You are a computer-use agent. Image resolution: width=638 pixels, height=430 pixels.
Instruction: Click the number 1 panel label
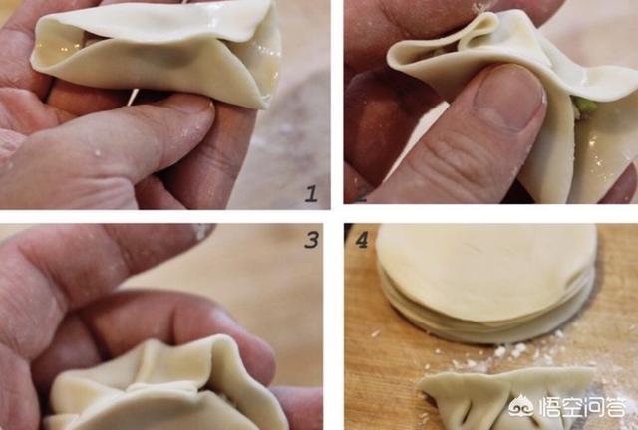pyautogui.click(x=311, y=193)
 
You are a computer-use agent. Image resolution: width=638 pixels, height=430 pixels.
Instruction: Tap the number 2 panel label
pyautogui.click(x=361, y=193)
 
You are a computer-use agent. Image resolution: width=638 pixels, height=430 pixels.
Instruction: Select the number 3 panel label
pyautogui.click(x=311, y=240)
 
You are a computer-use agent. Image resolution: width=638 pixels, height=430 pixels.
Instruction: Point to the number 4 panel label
pyautogui.click(x=362, y=240)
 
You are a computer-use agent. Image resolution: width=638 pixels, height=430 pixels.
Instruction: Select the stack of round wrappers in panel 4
pyautogui.click(x=486, y=283)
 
